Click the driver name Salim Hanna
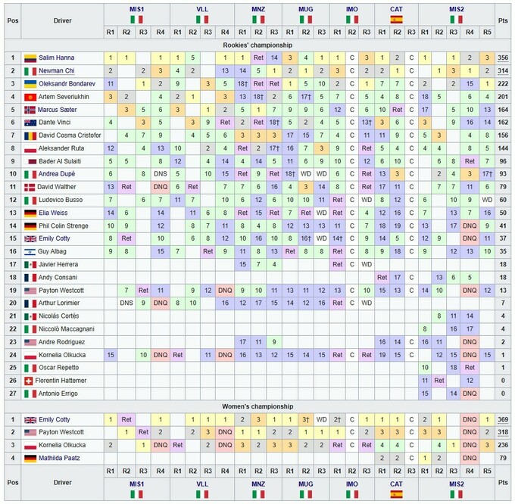click(56, 58)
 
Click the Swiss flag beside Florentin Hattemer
click(30, 380)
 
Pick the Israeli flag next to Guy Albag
click(30, 250)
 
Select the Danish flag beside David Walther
click(30, 186)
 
